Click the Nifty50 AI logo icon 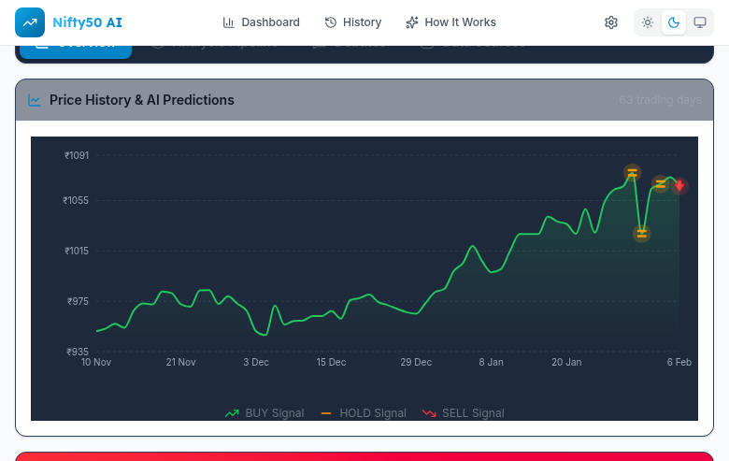[x=30, y=22]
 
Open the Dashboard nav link [x=261, y=22]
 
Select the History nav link [x=352, y=22]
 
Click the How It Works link [x=450, y=22]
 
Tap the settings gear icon [x=611, y=22]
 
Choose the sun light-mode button [x=648, y=22]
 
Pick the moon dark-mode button [x=673, y=22]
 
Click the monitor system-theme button [x=699, y=22]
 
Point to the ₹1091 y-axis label [x=77, y=155]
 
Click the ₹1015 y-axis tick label [x=76, y=251]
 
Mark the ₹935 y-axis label [x=77, y=352]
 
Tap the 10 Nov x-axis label [x=96, y=362]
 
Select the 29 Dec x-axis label [x=416, y=362]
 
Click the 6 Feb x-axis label [x=679, y=362]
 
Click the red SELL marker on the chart [x=679, y=185]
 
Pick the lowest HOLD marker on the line [x=641, y=234]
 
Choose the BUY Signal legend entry [x=264, y=413]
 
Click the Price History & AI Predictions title [x=141, y=100]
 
